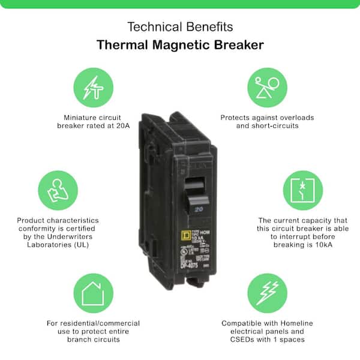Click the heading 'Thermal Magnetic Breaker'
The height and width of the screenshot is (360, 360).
point(180,46)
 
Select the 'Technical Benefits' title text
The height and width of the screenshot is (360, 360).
point(180,27)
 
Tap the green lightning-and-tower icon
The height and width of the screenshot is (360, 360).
point(93,88)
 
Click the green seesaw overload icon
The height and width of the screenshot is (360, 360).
point(267,88)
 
